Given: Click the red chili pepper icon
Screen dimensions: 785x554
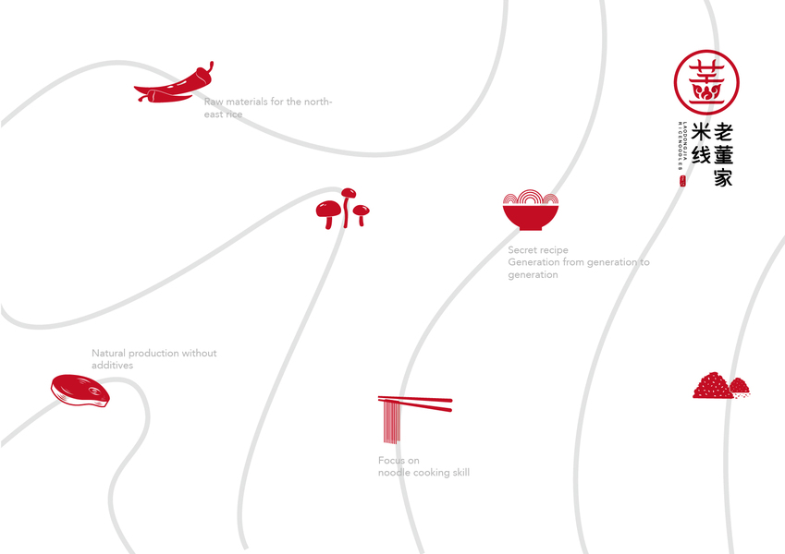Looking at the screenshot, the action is pos(174,85).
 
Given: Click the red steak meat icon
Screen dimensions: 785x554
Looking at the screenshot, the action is pos(80,391).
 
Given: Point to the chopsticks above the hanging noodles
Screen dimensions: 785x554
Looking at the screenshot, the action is pos(415,403).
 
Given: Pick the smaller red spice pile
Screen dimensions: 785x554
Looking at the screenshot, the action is pos(740,387).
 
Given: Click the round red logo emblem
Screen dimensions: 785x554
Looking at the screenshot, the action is pos(706,81).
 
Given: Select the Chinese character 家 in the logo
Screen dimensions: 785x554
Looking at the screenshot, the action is pos(723,177).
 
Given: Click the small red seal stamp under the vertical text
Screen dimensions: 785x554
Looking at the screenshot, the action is pos(682,182).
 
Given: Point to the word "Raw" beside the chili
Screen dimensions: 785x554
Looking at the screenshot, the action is pos(214,102).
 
